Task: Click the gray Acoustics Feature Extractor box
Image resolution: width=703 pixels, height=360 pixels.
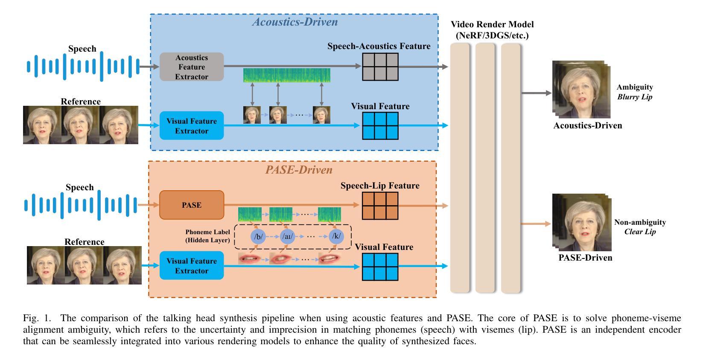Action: click(192, 67)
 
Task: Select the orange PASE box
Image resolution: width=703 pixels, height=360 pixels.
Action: click(192, 205)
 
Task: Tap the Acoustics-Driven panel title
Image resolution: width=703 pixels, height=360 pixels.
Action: click(295, 22)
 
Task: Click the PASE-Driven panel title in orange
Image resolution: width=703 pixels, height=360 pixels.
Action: click(299, 170)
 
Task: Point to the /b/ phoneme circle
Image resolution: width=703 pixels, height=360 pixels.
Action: click(258, 236)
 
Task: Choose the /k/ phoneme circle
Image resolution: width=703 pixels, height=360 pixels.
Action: click(336, 236)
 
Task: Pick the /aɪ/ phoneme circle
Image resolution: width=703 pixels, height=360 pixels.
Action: click(288, 236)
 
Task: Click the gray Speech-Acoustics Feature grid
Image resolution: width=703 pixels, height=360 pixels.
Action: click(380, 67)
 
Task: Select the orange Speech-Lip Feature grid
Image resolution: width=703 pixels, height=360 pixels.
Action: click(380, 205)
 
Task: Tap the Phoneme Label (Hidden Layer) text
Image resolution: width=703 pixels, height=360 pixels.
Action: click(207, 236)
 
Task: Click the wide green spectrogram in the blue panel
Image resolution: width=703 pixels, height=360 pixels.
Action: click(287, 75)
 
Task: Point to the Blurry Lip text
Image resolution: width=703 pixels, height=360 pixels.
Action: click(635, 97)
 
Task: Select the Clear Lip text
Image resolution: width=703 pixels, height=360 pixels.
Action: click(640, 232)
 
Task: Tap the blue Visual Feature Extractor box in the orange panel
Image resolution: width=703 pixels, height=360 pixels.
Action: click(192, 266)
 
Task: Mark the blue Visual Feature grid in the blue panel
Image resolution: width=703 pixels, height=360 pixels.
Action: click(380, 126)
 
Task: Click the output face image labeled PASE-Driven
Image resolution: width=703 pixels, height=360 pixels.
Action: click(582, 223)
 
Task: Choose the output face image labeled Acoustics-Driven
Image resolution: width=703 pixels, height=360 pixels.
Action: click(581, 89)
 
